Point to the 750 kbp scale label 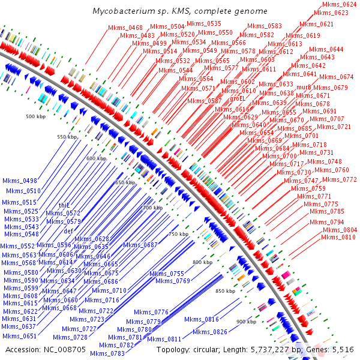coord(178,234)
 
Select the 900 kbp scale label coord(246,322)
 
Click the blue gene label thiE coord(65,205)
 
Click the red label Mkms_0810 coord(338,237)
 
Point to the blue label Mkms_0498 coord(20,181)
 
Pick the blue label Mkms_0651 coord(20,336)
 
